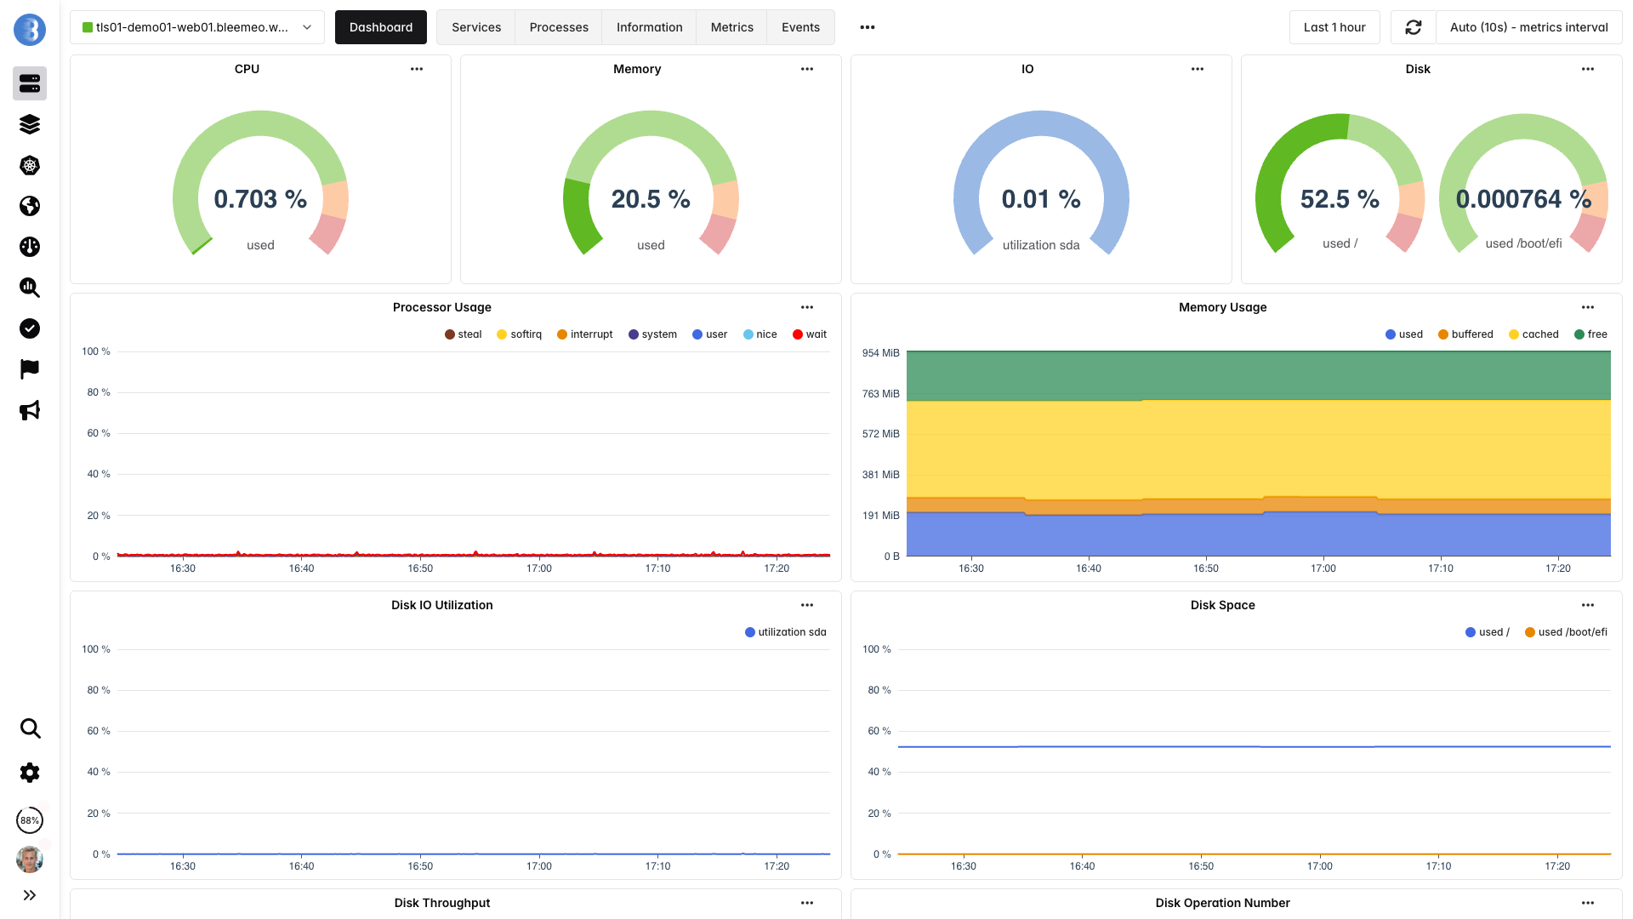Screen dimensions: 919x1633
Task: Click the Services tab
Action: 475,27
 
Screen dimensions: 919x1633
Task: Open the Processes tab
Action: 558,27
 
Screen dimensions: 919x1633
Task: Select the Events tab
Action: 799,27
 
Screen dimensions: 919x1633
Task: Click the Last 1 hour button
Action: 1334,27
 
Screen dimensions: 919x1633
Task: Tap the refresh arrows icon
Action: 1413,27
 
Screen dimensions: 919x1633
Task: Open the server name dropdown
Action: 196,27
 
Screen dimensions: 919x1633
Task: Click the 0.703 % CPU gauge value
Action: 260,199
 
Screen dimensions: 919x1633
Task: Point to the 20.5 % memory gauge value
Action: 651,199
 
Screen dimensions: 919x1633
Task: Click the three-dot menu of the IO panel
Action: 1197,69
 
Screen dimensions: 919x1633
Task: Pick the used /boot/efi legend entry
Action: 1566,632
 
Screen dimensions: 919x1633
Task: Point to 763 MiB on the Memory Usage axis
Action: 880,394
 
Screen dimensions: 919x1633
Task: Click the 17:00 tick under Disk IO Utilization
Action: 538,866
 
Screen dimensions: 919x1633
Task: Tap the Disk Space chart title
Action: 1222,605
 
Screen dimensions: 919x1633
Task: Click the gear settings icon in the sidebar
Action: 30,773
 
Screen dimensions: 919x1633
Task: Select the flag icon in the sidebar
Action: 30,369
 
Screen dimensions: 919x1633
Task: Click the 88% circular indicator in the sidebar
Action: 30,820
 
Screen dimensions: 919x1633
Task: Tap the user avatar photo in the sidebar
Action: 30,859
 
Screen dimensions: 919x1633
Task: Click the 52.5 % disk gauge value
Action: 1340,199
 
